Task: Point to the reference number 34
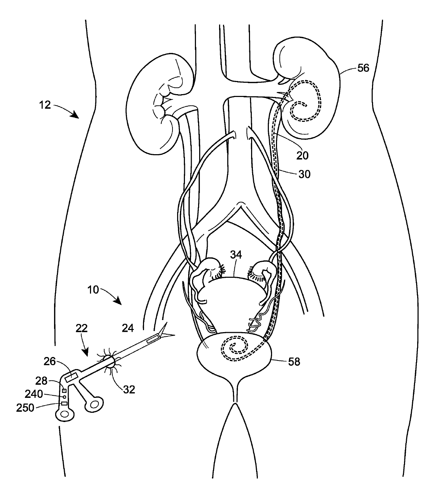pyautogui.click(x=235, y=254)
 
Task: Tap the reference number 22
pyautogui.click(x=82, y=329)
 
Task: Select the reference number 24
pyautogui.click(x=128, y=329)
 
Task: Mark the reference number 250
pyautogui.click(x=25, y=408)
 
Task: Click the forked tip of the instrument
pyautogui.click(x=167, y=332)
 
